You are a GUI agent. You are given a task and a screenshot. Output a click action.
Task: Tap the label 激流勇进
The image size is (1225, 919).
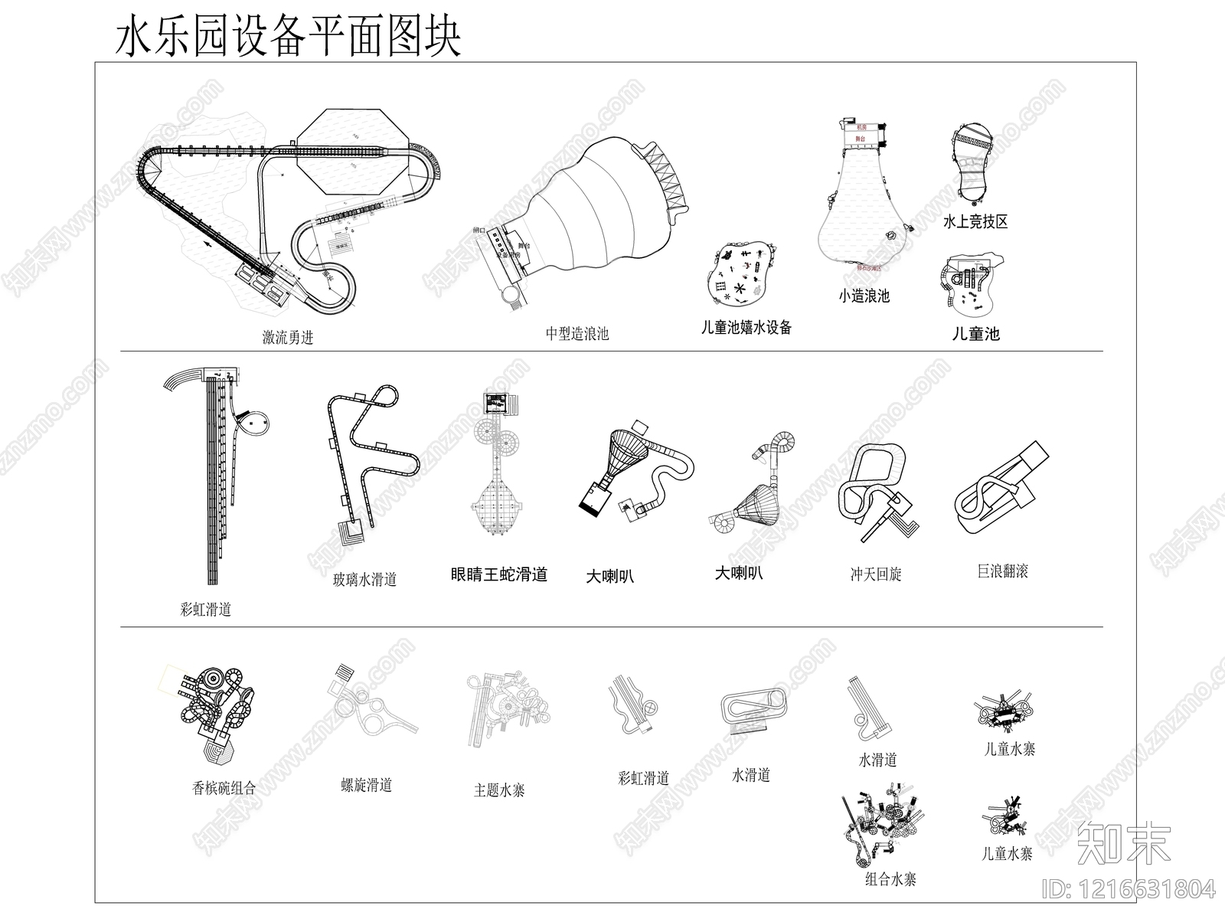click(288, 337)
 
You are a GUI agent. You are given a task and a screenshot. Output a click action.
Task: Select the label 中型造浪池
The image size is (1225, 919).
click(577, 333)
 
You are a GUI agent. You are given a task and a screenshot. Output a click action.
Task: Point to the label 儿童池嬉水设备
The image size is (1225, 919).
click(746, 328)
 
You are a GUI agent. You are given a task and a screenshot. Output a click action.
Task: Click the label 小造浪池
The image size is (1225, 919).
click(864, 296)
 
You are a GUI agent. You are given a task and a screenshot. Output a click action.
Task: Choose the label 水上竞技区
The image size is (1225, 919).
click(975, 222)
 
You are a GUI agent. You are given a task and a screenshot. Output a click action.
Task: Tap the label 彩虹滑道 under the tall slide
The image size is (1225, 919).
click(205, 610)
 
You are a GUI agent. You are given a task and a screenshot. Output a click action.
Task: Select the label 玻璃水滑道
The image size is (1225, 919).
click(364, 580)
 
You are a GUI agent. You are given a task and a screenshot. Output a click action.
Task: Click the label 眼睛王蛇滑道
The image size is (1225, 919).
click(499, 574)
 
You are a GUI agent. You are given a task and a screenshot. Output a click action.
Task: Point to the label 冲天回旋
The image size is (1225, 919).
click(876, 574)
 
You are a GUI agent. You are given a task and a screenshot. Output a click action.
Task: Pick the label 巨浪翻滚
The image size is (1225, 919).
click(1002, 571)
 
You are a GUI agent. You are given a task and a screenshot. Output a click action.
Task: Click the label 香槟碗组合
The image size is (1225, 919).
click(224, 787)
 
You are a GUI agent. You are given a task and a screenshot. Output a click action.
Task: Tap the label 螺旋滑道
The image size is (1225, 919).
click(367, 785)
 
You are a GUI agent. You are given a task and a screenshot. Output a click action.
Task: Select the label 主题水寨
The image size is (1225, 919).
click(499, 790)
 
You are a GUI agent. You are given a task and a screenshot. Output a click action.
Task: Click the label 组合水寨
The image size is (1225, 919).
click(890, 879)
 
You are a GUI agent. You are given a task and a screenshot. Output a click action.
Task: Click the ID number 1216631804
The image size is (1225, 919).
click(1131, 889)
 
